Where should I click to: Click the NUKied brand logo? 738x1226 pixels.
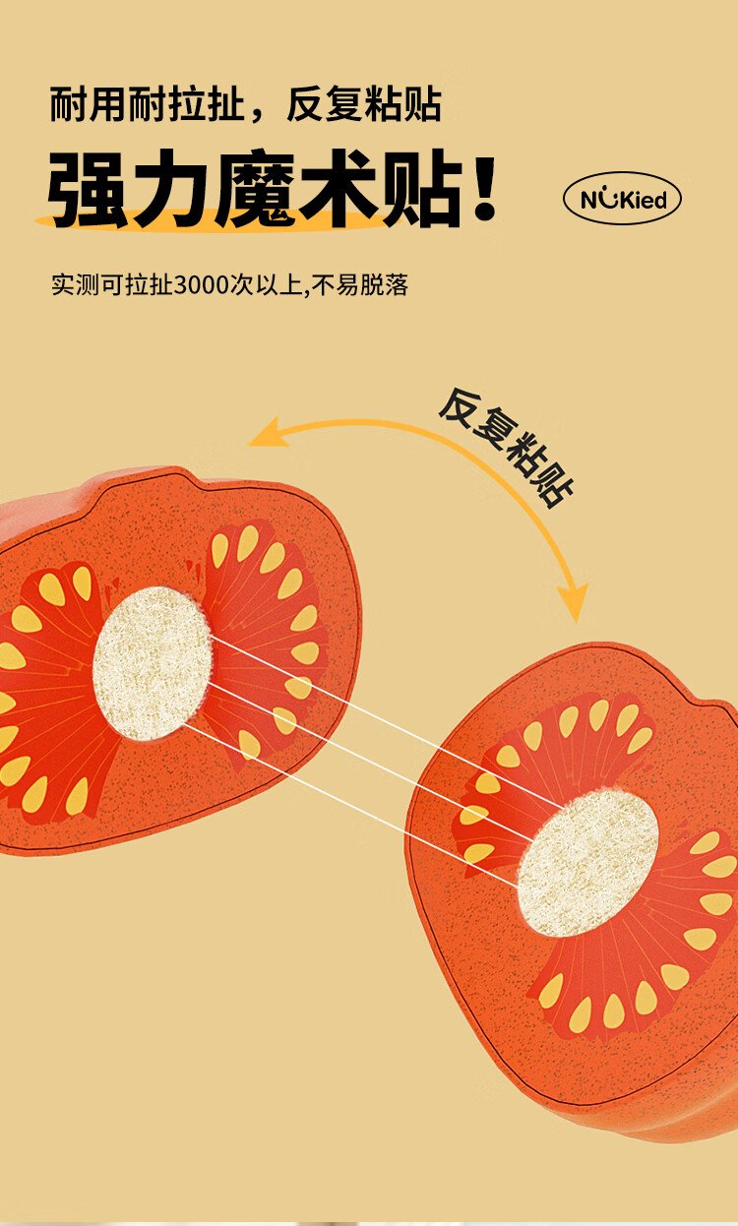pos(623,199)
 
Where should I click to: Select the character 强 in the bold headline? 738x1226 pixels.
pos(88,188)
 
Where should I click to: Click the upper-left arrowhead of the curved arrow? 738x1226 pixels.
pos(269,432)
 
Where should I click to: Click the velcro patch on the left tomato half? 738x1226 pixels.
pos(153,663)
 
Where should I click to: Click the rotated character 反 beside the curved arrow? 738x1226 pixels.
pos(459,408)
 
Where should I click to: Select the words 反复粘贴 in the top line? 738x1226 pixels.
pos(363,104)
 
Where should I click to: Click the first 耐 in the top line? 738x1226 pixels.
pos(69,104)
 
